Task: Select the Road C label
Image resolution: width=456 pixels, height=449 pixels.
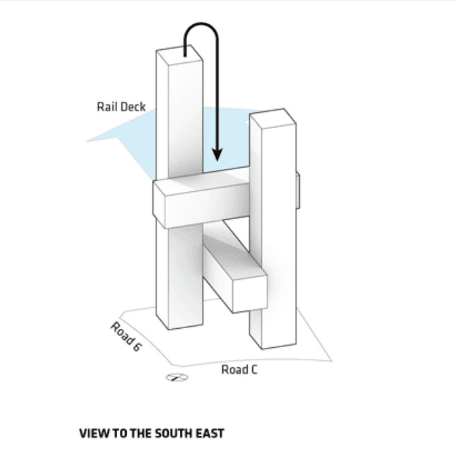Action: pos(239,369)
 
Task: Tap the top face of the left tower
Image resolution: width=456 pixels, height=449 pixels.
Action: pos(178,53)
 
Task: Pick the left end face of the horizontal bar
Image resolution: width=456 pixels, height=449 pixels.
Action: pos(160,209)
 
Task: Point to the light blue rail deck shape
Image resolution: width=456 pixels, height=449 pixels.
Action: pos(126,140)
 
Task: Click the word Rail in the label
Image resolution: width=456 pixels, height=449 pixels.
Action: pos(107,107)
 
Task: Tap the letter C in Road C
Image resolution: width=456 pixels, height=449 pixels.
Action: pos(253,369)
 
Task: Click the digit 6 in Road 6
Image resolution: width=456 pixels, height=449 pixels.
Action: pos(136,347)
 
